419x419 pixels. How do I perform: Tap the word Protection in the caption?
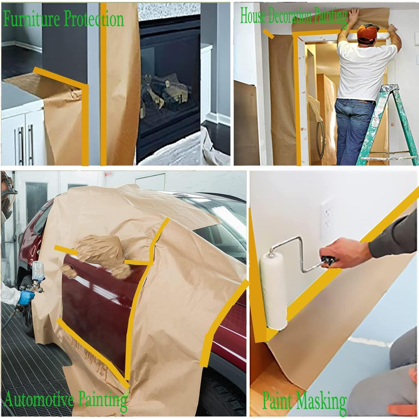tap(94, 19)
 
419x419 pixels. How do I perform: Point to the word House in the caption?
tap(252, 16)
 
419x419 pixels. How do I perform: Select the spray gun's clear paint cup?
tap(39, 271)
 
